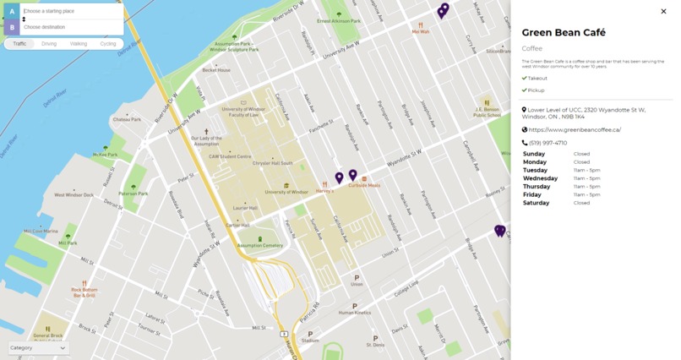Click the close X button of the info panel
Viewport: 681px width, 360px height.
tap(663, 12)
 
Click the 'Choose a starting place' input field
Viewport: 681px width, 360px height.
tap(72, 11)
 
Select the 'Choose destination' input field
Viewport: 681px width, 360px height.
tap(72, 27)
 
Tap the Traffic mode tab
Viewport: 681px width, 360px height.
tap(19, 43)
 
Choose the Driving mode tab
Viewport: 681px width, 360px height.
tap(49, 43)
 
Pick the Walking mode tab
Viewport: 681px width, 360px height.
tap(79, 43)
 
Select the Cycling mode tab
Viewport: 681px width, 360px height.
tap(108, 43)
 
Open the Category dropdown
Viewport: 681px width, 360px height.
tap(38, 347)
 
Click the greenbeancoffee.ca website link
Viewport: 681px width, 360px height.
tap(575, 130)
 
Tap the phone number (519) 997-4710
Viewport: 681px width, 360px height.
tap(548, 143)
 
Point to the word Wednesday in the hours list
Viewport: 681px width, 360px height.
tap(540, 178)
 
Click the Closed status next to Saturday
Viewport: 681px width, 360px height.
tap(581, 203)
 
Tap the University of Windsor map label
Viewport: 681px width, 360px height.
tap(286, 192)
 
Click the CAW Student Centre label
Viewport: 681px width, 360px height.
tap(231, 156)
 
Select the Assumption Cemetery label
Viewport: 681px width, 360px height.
tap(260, 245)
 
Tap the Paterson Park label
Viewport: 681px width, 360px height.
tap(133, 194)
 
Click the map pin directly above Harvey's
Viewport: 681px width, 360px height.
tap(339, 177)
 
